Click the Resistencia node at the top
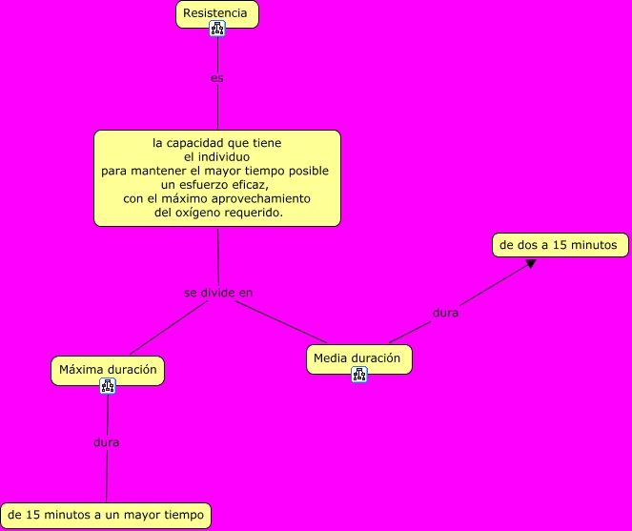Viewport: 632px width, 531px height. [x=217, y=13]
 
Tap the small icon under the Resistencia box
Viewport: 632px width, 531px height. [x=217, y=29]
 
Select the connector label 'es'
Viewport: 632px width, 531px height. [x=217, y=78]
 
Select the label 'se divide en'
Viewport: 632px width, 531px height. [x=218, y=293]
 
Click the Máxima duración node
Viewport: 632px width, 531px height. [x=107, y=370]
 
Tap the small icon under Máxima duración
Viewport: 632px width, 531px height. [x=107, y=386]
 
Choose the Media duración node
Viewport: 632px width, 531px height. [x=358, y=358]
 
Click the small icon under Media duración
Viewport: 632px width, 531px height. [x=359, y=375]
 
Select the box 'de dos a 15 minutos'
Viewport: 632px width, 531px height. [x=560, y=245]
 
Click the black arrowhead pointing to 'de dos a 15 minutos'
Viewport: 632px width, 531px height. [x=531, y=263]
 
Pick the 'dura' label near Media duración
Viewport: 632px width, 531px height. [x=445, y=313]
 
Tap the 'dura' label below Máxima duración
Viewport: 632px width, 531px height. [x=107, y=442]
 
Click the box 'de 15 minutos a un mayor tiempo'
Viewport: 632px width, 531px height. [x=105, y=516]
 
